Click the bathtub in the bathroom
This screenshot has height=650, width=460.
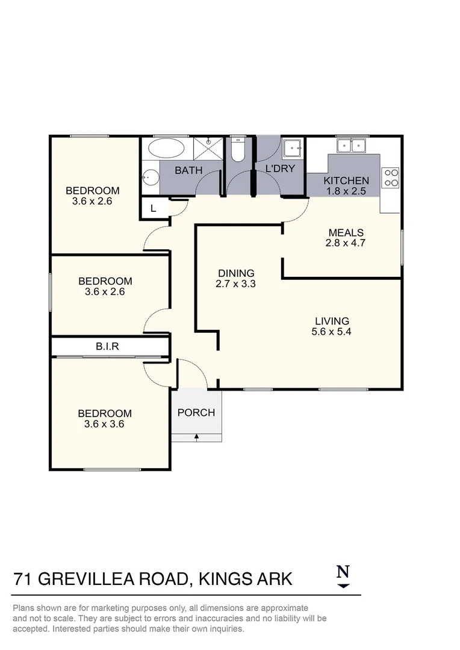point(167,148)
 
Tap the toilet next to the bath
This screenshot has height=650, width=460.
point(237,150)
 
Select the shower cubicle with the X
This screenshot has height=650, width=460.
point(208,148)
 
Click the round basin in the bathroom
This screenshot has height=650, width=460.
point(151,178)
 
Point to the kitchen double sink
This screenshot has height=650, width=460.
point(352,145)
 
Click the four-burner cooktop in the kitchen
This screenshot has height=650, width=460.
point(391,176)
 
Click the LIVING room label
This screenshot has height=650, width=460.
point(332,321)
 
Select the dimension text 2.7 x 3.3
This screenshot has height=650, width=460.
point(236,283)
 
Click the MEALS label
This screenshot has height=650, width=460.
point(346,233)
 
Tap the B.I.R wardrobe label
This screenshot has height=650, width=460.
point(107,347)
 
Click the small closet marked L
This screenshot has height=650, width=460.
point(153,208)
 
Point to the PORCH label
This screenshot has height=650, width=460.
point(196,412)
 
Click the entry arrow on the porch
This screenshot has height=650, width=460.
point(196,436)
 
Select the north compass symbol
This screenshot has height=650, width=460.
point(343,575)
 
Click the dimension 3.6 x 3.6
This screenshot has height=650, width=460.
point(105,424)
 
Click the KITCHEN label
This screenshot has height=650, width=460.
point(346,181)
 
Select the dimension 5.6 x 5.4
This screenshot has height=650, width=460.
point(332,331)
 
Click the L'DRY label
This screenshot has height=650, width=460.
point(281,169)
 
